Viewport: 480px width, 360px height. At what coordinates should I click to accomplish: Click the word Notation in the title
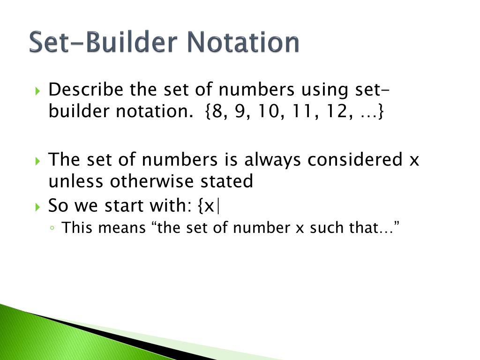(243, 43)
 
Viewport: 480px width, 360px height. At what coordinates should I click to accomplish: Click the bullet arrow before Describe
(38, 90)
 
